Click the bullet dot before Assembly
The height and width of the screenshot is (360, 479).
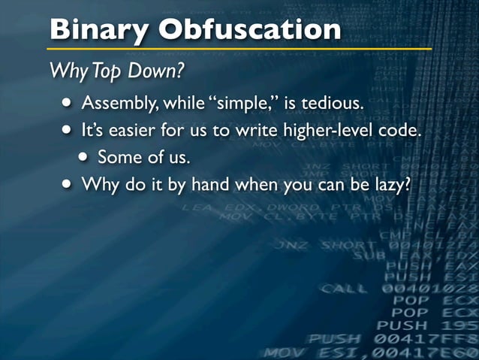[69, 102]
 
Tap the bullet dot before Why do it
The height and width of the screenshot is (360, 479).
[69, 183]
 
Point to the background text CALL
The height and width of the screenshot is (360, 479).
[345, 288]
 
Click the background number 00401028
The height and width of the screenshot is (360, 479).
[429, 288]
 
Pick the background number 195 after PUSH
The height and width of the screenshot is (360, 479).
[456, 325]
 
